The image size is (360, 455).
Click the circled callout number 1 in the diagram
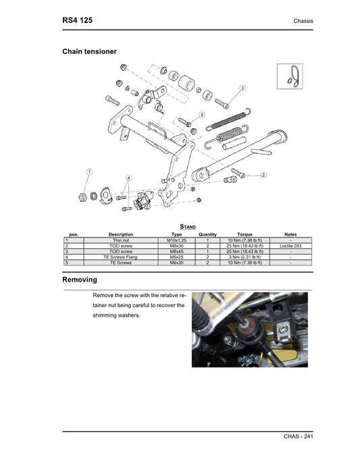pyautogui.click(x=88, y=172)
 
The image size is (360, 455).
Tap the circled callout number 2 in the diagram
pyautogui.click(x=263, y=175)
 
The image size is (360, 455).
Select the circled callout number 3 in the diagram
pyautogui.click(x=242, y=88)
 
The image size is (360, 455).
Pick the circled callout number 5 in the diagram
pyautogui.click(x=202, y=115)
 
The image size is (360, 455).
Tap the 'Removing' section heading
pyautogui.click(x=80, y=279)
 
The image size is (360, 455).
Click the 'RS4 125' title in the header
pyautogui.click(x=77, y=20)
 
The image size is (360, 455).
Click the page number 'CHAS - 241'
pyautogui.click(x=299, y=437)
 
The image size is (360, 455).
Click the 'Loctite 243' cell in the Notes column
pyautogui.click(x=290, y=246)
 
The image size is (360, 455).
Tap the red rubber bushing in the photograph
pyautogui.click(x=249, y=333)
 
